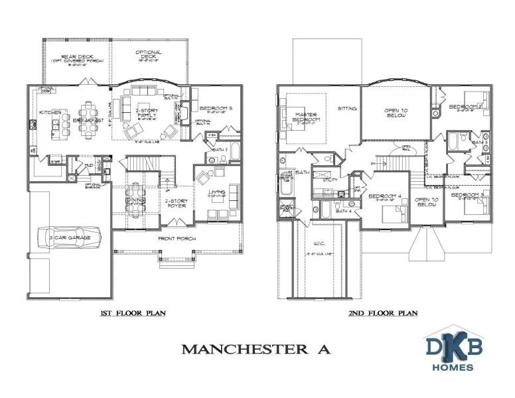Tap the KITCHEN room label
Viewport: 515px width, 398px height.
(x=50, y=113)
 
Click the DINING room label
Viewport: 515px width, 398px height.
(x=135, y=200)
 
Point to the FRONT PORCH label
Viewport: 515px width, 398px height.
(x=175, y=239)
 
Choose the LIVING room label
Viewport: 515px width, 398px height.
(x=217, y=193)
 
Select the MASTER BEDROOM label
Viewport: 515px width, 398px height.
(x=307, y=117)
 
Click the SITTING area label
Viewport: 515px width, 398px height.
(x=347, y=109)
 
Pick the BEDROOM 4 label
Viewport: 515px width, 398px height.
(x=385, y=196)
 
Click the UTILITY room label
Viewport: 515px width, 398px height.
(x=330, y=180)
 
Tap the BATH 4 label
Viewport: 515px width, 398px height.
(x=343, y=211)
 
